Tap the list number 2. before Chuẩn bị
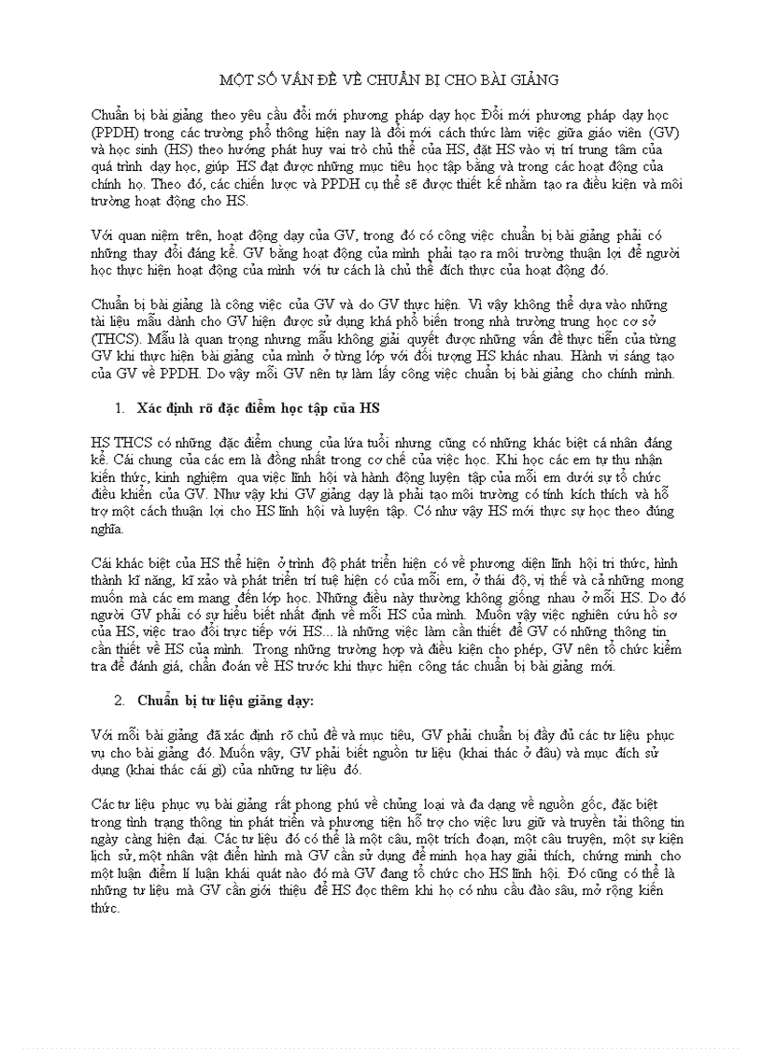(120, 700)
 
